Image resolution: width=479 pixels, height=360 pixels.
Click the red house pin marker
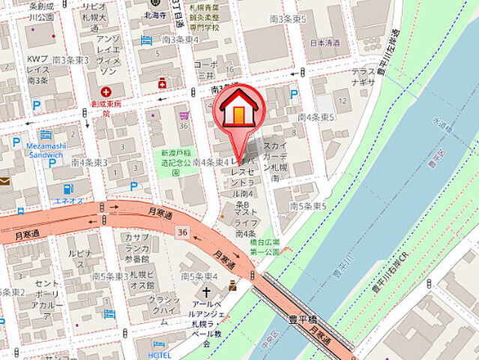239,109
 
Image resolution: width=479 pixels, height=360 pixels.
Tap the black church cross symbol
206,292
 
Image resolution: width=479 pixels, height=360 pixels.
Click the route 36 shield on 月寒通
181,234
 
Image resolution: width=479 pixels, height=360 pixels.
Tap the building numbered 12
343,100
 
